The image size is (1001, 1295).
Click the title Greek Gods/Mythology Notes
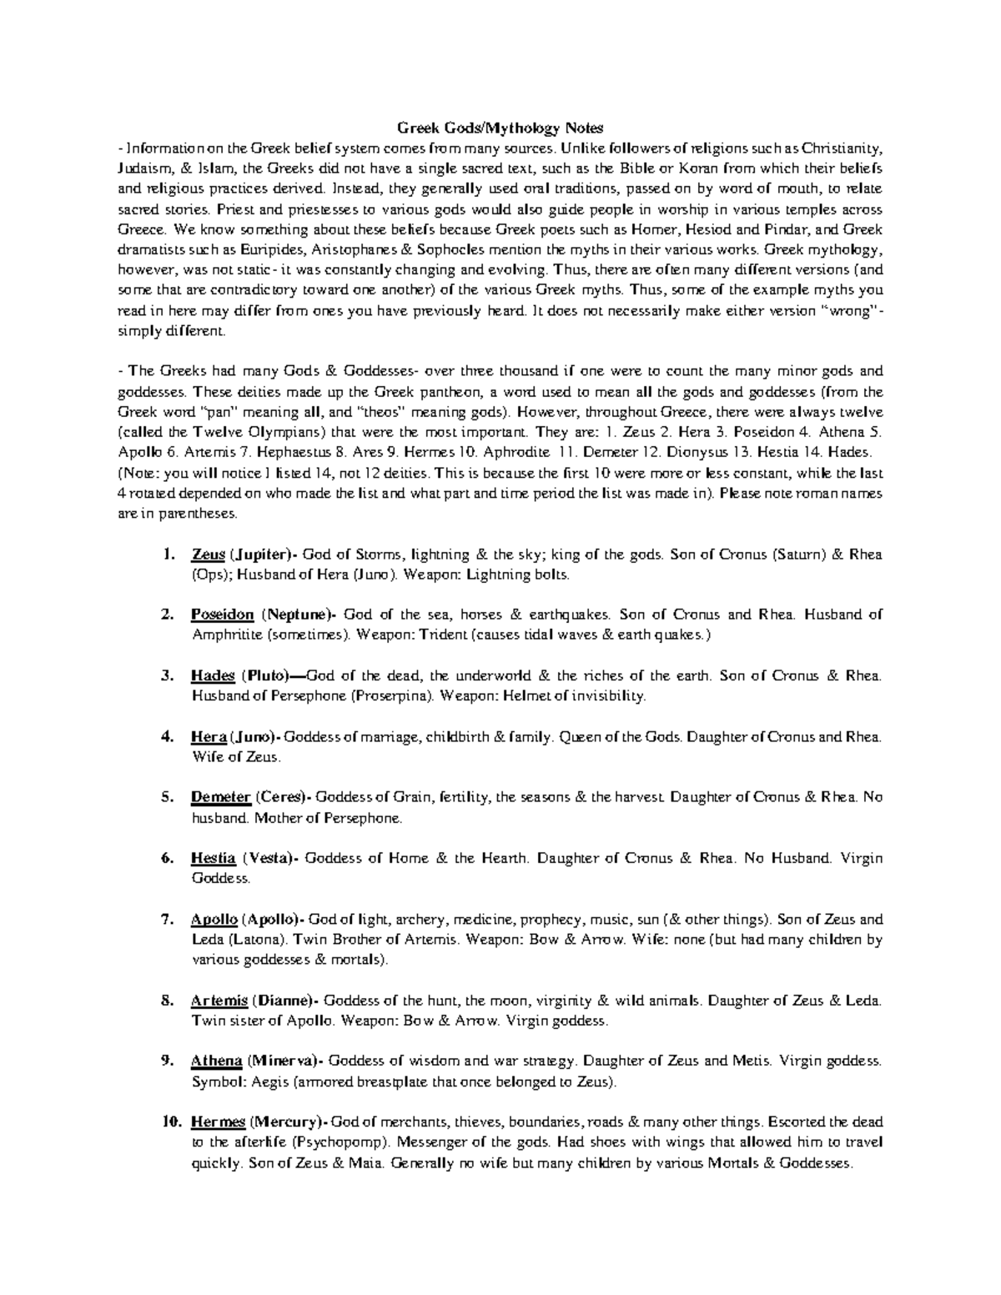[x=500, y=128]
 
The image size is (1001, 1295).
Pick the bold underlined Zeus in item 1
[x=209, y=555]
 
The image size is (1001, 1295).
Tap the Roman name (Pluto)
[x=264, y=675]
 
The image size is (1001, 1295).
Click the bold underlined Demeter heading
[x=220, y=797]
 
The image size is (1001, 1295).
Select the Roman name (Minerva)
[x=284, y=1062]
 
